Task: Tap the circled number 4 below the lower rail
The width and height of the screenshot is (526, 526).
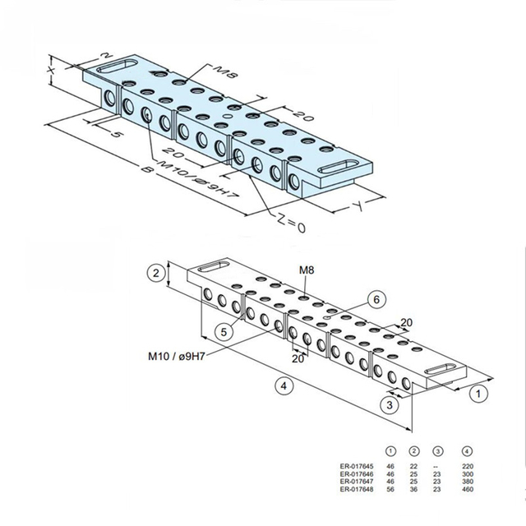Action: click(283, 385)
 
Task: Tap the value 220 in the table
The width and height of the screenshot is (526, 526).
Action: click(468, 464)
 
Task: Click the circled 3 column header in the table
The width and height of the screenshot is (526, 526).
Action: click(438, 451)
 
